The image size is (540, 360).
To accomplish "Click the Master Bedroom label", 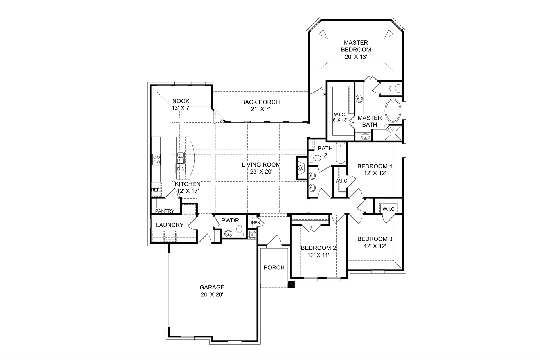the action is pyautogui.click(x=356, y=46).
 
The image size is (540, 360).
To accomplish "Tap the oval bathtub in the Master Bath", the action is pyautogui.click(x=393, y=111).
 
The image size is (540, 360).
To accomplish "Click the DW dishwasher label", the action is pyautogui.click(x=181, y=169).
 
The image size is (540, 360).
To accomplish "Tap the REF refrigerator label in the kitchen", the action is pyautogui.click(x=155, y=190).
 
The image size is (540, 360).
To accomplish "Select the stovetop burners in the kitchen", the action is pyautogui.click(x=156, y=159).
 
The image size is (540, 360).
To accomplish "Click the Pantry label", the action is pyautogui.click(x=165, y=211).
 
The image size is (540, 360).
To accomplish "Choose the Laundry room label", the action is pyautogui.click(x=170, y=225).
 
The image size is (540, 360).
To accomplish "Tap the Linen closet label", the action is pyautogui.click(x=254, y=223).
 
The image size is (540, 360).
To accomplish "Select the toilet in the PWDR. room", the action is pyautogui.click(x=239, y=230).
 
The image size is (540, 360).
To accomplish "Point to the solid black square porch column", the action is pyautogui.click(x=291, y=284).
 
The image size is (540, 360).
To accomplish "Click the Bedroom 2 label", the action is pyautogui.click(x=318, y=248).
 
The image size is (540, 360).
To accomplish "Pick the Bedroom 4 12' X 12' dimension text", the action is pyautogui.click(x=374, y=173).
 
